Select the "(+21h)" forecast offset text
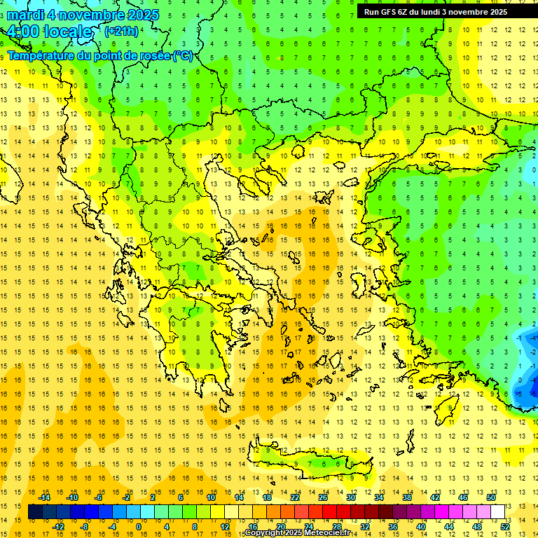click(121, 31)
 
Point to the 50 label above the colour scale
click(491, 497)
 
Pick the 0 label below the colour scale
click(139, 527)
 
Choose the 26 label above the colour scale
click(323, 497)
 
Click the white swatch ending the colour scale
click(498, 512)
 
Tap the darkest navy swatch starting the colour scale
click(35, 512)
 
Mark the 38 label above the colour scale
click(407, 497)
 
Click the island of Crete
click(308, 463)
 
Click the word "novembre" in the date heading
click(97, 15)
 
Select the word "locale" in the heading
click(67, 32)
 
